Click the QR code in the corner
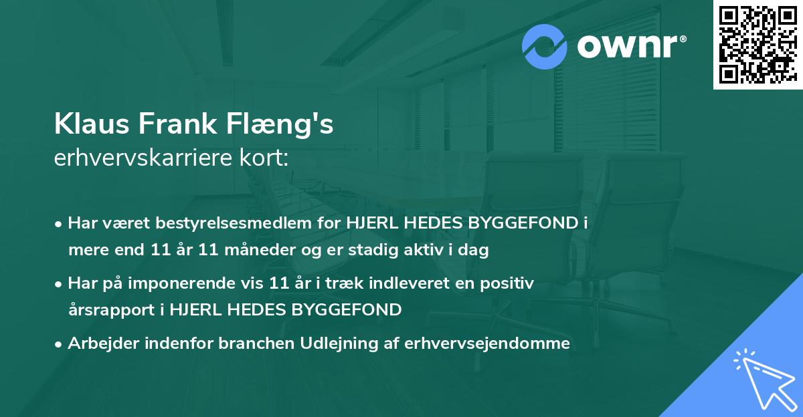coord(757,45)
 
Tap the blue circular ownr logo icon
coord(544,46)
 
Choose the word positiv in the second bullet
coord(511,283)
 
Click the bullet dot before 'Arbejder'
coord(60,345)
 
